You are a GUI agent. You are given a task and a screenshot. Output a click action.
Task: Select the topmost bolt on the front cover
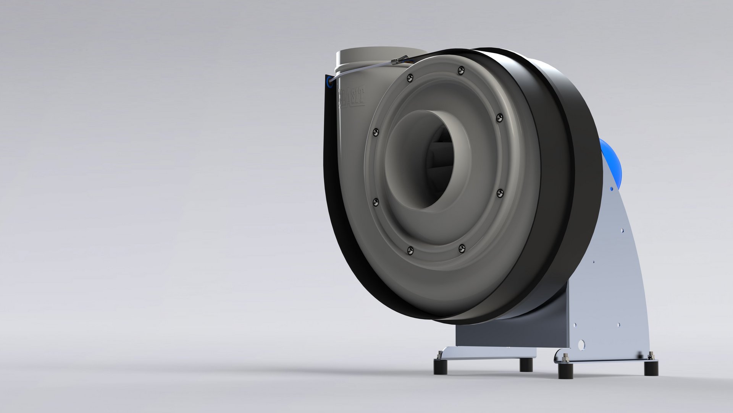click(x=461, y=70)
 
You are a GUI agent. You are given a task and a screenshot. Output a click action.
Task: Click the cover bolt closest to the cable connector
click(x=410, y=78)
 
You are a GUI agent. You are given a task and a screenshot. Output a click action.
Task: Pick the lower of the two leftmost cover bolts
click(x=376, y=202)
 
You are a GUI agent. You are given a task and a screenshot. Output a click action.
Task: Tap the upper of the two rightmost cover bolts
click(x=499, y=118)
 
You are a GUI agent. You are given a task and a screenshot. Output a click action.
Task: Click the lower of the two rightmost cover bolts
click(x=500, y=193)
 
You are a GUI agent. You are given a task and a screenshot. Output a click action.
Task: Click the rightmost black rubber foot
click(x=651, y=368)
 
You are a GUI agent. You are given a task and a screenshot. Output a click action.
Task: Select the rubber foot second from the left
click(x=526, y=364)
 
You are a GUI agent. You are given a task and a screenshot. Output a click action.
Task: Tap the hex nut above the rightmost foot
click(x=650, y=358)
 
